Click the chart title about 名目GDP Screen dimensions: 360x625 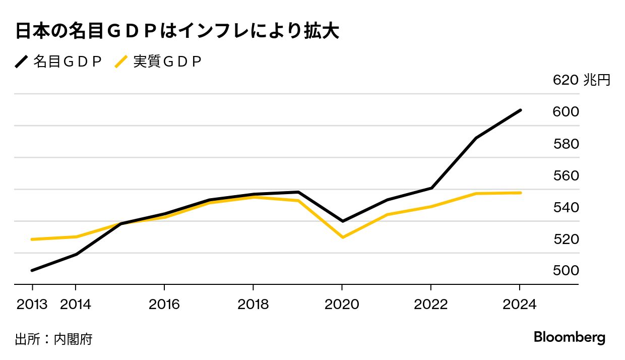(176, 32)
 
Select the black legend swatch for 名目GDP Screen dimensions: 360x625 (22, 62)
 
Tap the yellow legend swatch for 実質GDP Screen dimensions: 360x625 (121, 62)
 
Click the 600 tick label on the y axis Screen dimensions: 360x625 (566, 112)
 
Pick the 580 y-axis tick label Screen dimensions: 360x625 (566, 144)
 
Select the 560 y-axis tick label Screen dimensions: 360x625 (566, 176)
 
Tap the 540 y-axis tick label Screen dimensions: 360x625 (566, 208)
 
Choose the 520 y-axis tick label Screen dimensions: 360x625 (566, 239)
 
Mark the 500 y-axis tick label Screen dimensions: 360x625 (566, 271)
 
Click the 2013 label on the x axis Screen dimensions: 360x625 (32, 305)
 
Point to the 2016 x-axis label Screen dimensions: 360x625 (164, 305)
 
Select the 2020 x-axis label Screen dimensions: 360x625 (342, 305)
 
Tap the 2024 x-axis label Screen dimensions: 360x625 (520, 305)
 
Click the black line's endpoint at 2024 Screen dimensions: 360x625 (520, 110)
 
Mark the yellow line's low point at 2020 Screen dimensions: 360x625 (342, 237)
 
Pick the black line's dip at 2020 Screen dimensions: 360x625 (342, 221)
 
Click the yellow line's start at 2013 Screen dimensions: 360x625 (32, 239)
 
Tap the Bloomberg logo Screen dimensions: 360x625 (570, 338)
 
